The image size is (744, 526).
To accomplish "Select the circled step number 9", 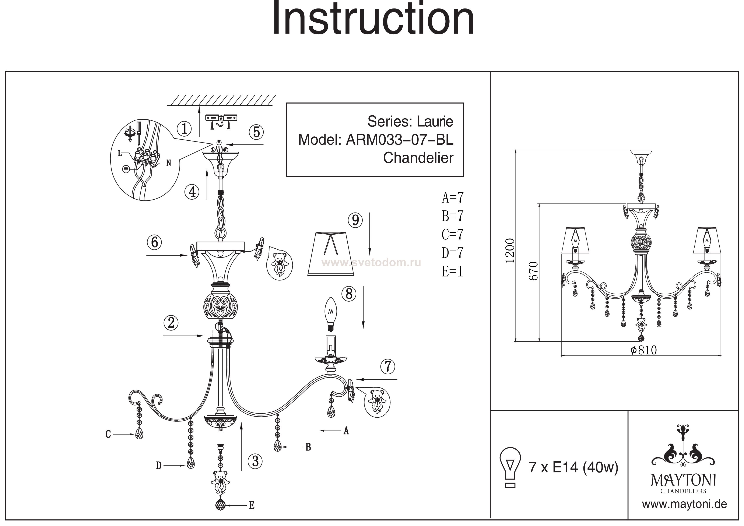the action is (355, 220).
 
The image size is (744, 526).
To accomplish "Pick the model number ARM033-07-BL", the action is (400, 140).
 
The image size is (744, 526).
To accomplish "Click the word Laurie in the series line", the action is (435, 122).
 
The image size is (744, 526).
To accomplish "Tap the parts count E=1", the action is (452, 271).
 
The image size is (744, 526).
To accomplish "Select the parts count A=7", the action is (452, 197).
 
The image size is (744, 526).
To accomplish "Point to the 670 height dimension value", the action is (533, 271).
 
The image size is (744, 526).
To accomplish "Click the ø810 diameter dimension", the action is (643, 350).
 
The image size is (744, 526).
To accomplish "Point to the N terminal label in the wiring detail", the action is (168, 163).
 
